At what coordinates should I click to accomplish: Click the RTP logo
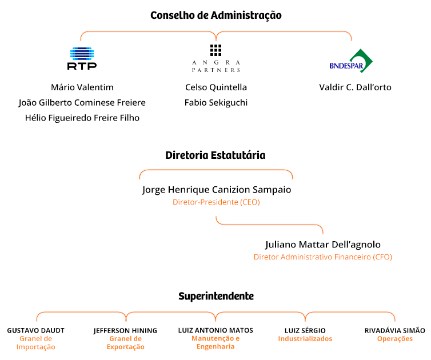82,58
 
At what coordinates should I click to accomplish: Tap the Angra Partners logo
215,58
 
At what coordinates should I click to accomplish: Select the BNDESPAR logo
351,61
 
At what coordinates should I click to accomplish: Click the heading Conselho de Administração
215,15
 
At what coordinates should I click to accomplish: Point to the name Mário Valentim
82,87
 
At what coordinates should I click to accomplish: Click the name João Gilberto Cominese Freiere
82,103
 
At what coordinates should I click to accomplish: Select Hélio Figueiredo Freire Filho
82,118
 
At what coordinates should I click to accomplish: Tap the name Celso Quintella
216,87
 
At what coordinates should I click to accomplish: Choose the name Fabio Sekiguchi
216,103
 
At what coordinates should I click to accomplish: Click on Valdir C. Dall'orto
355,87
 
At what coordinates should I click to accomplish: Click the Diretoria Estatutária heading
215,155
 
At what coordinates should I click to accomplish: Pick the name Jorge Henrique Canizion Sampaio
217,190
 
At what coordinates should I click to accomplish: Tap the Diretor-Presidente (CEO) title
216,202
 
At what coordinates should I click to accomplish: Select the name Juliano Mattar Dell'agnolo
323,245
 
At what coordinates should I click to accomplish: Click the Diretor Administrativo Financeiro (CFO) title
323,257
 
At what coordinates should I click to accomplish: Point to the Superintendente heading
216,296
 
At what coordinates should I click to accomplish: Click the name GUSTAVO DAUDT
36,330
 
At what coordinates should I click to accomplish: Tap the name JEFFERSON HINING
125,331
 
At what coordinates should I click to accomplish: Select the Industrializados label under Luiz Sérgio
305,338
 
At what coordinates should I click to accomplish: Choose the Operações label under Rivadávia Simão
395,339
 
